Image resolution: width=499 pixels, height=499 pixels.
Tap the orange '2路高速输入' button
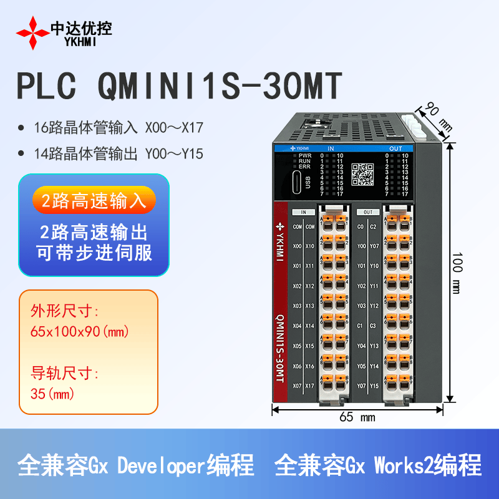coord(94,200)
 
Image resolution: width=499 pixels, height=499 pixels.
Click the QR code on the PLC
coord(362,175)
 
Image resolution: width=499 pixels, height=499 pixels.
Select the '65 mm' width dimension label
coord(357,417)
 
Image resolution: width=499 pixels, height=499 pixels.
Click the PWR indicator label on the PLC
coord(304,155)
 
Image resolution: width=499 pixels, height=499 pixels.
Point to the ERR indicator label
coord(304,167)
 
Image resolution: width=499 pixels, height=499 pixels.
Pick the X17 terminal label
coord(310,385)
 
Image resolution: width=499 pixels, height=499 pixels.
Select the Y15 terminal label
coord(374,385)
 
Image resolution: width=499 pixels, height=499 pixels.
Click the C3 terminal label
coord(374,326)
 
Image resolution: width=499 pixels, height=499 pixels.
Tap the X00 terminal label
coord(298,246)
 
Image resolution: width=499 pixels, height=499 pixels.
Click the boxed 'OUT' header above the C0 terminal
coord(367,212)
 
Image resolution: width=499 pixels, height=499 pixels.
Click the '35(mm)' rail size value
coord(52,394)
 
